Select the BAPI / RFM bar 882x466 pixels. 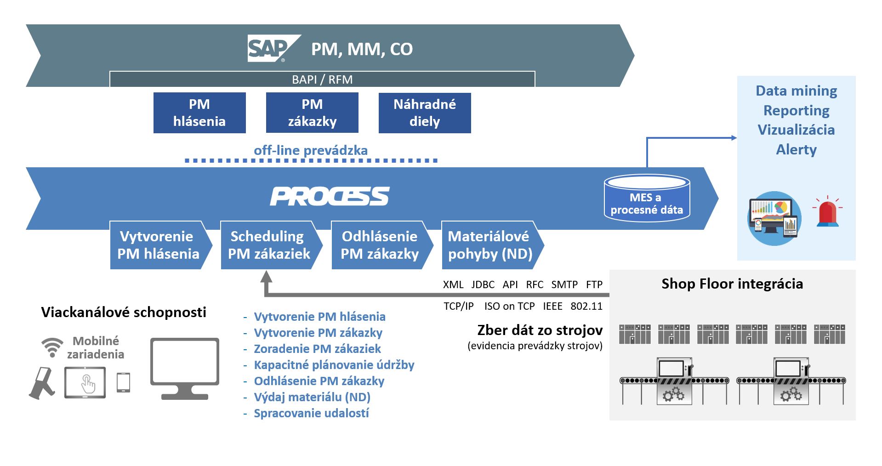pos(322,79)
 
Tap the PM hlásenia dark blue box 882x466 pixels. pos(199,113)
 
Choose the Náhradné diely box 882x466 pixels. pos(425,113)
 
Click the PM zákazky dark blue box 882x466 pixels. pos(312,113)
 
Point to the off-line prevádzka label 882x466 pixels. pos(311,150)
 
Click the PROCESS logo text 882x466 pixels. pos(330,196)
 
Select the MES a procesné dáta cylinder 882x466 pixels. pos(647,198)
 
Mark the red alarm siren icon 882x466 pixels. pos(827,212)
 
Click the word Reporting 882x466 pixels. pos(797,110)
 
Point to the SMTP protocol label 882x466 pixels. pos(564,284)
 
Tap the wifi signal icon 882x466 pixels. pos(52,347)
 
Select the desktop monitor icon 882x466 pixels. pos(185,369)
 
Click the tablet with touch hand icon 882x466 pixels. pos(85,382)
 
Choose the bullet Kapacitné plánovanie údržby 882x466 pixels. pos(334,365)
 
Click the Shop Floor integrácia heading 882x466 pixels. pos(732,284)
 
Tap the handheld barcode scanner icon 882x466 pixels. pos(42,382)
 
